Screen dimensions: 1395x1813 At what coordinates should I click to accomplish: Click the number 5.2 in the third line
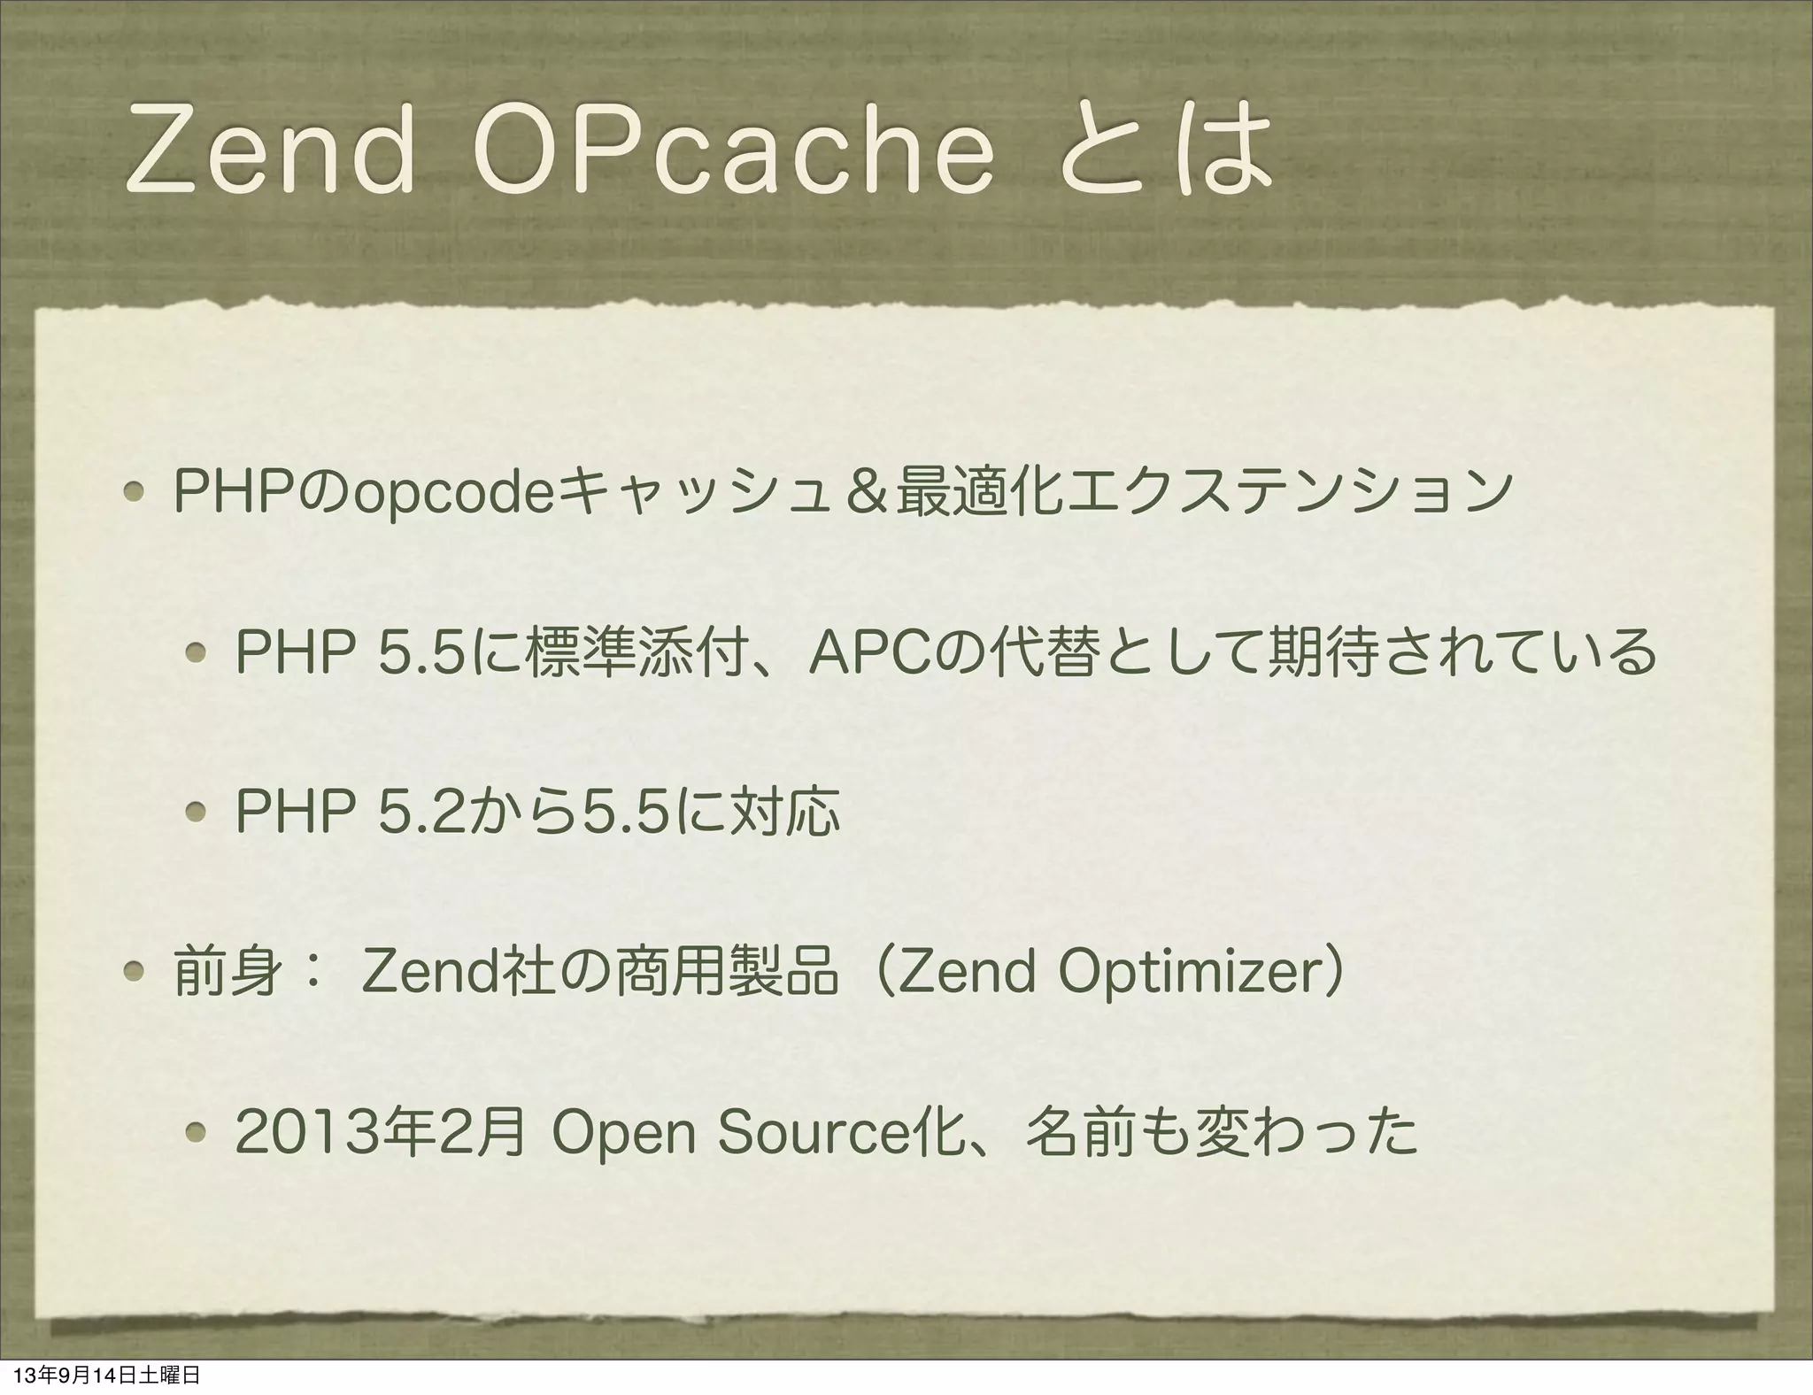434,811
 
